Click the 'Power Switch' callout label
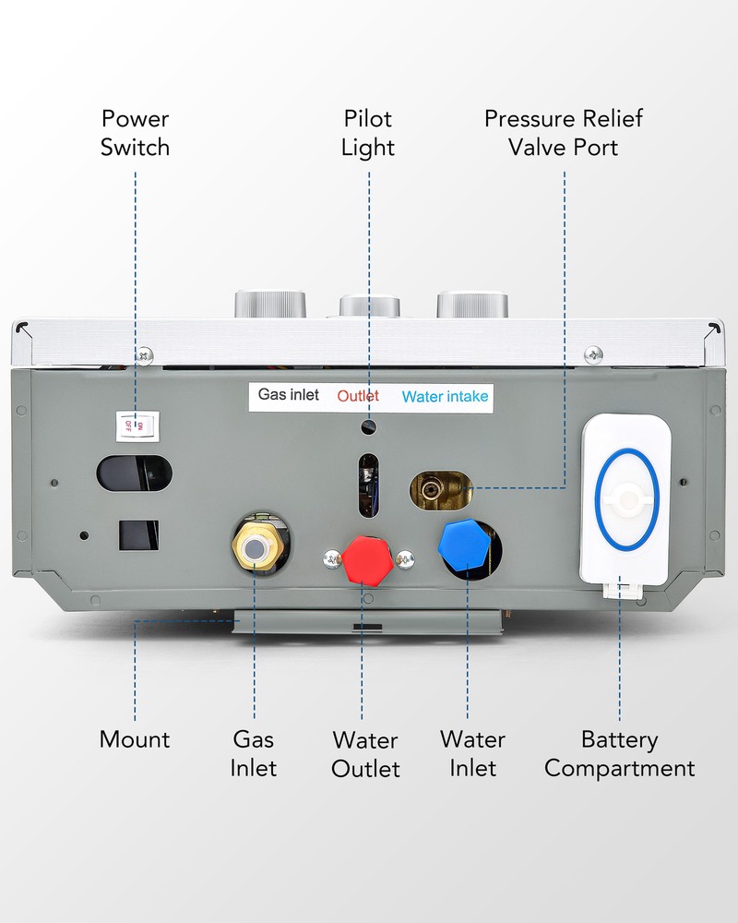pyautogui.click(x=136, y=133)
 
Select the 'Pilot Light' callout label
pyautogui.click(x=368, y=133)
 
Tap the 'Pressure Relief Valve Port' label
pyautogui.click(x=563, y=133)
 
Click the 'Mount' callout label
pyautogui.click(x=135, y=739)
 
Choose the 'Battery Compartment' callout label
pyautogui.click(x=619, y=753)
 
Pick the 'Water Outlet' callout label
pyautogui.click(x=365, y=754)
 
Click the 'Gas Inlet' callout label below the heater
pyautogui.click(x=254, y=753)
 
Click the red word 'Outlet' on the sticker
pyautogui.click(x=358, y=396)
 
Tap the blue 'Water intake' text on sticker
pyautogui.click(x=445, y=397)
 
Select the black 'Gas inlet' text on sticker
pyautogui.click(x=289, y=395)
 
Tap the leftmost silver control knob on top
pyautogui.click(x=269, y=304)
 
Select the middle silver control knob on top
pyautogui.click(x=370, y=306)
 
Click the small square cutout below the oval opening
pyautogui.click(x=138, y=535)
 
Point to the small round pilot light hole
pyautogui.click(x=369, y=426)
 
